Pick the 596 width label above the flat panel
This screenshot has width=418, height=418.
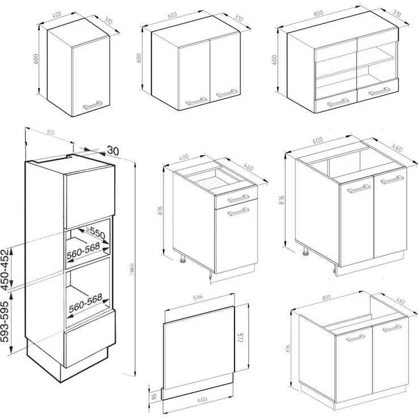point(198,297)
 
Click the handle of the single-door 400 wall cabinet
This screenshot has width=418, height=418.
point(93,104)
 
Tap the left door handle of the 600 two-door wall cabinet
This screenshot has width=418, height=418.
point(197,101)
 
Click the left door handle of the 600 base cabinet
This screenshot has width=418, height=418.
point(358,189)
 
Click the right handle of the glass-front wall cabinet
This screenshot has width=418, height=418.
point(378,91)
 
